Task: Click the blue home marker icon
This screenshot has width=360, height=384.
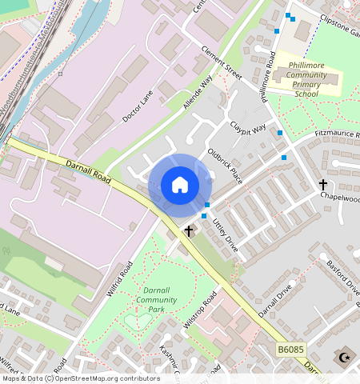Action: coord(180,186)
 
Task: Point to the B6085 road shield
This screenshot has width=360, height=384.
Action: coord(292,350)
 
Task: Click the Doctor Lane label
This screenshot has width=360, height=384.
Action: coord(137,106)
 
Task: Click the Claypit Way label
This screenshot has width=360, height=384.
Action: coord(248,128)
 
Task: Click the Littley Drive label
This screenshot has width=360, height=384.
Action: coord(225,235)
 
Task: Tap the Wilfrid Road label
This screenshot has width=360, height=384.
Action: coord(119,279)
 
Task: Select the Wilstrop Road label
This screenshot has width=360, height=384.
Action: coord(200,311)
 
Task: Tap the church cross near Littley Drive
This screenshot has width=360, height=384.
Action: coord(189,231)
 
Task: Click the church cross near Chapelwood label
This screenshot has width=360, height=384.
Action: coord(323,184)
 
